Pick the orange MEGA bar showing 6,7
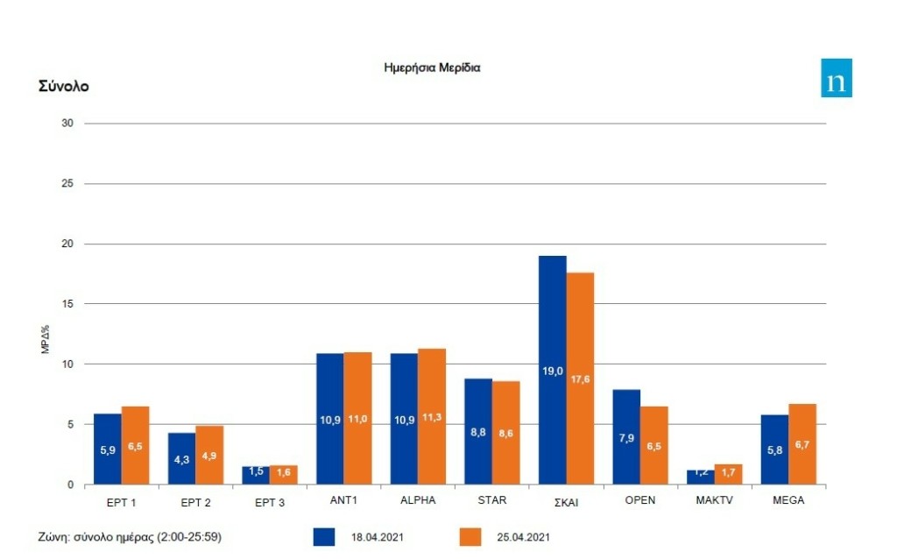click(x=802, y=444)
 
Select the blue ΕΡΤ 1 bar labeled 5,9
click(x=108, y=449)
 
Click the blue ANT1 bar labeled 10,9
click(x=330, y=419)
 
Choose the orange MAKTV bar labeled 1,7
click(x=728, y=474)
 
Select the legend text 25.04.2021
click(x=523, y=536)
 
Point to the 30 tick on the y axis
click(x=67, y=124)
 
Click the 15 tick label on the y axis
click(x=67, y=304)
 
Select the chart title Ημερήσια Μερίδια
click(x=432, y=67)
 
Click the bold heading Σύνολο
click(x=64, y=86)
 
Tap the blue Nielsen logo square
click(x=836, y=78)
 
